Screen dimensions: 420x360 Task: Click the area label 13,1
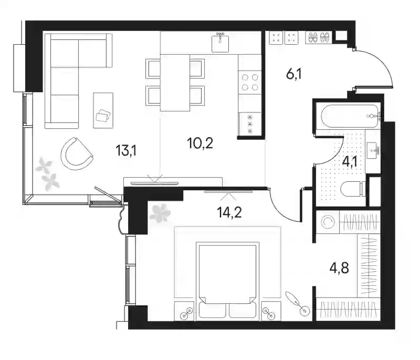126,150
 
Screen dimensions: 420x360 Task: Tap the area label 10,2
200,143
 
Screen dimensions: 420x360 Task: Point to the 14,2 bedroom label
229,212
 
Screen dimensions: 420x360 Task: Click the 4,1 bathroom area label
350,162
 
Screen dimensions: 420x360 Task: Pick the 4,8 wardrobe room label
339,268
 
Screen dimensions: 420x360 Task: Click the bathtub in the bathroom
348,116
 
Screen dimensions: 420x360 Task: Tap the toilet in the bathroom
353,189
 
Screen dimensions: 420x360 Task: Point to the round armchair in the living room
77,153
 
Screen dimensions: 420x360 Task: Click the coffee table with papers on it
103,110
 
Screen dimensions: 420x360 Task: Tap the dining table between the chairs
175,83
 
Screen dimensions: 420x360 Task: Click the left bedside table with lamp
184,311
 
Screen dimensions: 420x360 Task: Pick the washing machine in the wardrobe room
328,222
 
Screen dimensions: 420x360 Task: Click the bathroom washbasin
373,151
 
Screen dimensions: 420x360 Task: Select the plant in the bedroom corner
160,213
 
